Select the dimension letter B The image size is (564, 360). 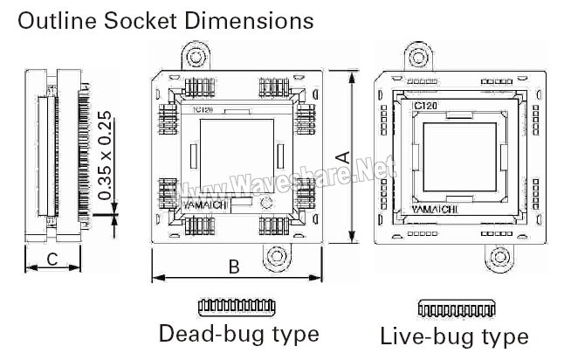click(x=234, y=267)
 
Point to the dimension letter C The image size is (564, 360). click(x=52, y=259)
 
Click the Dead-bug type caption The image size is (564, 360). click(x=238, y=333)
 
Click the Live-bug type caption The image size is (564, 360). click(x=454, y=336)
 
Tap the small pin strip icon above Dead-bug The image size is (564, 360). click(x=237, y=306)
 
